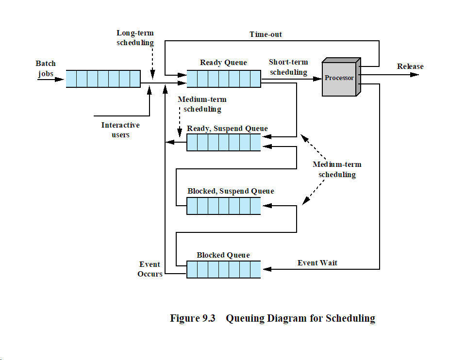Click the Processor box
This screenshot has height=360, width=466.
click(339, 78)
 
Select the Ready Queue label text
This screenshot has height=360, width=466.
click(223, 63)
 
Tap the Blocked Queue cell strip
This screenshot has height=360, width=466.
click(224, 269)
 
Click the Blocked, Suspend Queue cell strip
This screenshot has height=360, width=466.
click(224, 206)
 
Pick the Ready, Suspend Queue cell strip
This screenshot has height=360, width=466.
click(224, 143)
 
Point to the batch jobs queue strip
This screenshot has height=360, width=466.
click(103, 79)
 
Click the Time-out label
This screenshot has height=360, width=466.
click(266, 34)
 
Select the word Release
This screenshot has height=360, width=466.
click(410, 66)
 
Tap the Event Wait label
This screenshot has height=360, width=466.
click(317, 263)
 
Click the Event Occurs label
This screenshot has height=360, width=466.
click(150, 269)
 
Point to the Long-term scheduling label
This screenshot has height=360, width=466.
click(135, 38)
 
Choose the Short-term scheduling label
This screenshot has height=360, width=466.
click(288, 67)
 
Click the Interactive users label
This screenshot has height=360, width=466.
click(120, 130)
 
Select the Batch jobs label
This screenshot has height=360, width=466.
click(46, 68)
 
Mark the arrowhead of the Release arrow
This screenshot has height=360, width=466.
click(415, 75)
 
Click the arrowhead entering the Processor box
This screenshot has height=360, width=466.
click(318, 78)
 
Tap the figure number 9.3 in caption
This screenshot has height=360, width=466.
click(206, 319)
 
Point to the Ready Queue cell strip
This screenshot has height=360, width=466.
click(224, 79)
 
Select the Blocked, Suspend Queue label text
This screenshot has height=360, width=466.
click(231, 191)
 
